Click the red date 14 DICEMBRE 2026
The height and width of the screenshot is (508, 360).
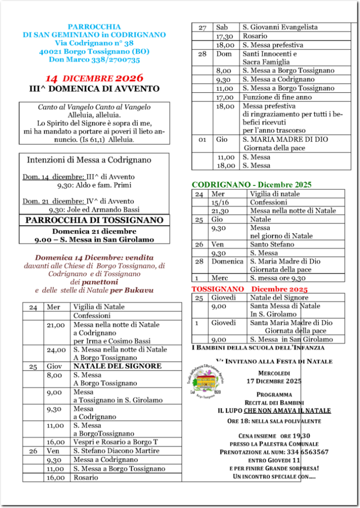click(x=94, y=78)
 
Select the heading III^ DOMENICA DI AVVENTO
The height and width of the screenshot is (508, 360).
click(x=94, y=89)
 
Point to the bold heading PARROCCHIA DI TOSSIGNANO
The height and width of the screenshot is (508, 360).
click(x=94, y=220)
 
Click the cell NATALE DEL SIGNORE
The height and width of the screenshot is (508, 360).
click(x=118, y=366)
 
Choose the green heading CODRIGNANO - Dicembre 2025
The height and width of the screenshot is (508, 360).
click(x=251, y=185)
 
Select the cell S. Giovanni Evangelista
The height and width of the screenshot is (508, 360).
click(x=280, y=27)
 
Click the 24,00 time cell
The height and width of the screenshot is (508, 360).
click(x=56, y=350)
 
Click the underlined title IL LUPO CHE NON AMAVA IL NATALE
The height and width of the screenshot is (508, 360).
click(x=274, y=411)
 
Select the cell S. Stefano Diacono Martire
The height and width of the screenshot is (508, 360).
click(x=117, y=451)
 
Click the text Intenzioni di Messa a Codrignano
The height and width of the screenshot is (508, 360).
click(x=89, y=160)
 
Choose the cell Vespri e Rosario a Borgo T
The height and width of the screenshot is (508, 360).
click(x=116, y=442)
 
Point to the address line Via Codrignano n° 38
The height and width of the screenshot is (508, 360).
click(x=94, y=44)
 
